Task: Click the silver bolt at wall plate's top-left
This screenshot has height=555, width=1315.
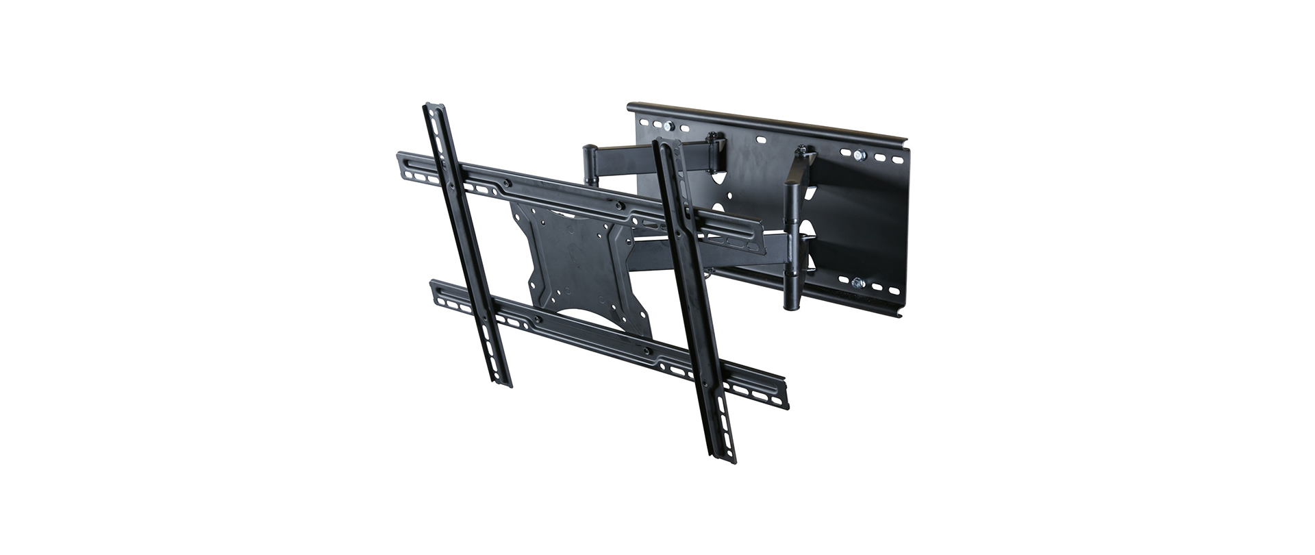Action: pyautogui.click(x=669, y=127)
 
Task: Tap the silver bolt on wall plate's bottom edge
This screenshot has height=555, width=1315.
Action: pyautogui.click(x=857, y=282)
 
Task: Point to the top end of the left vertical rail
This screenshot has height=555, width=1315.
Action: pyautogui.click(x=434, y=108)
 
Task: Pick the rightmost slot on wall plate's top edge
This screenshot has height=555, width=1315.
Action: pyautogui.click(x=894, y=159)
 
